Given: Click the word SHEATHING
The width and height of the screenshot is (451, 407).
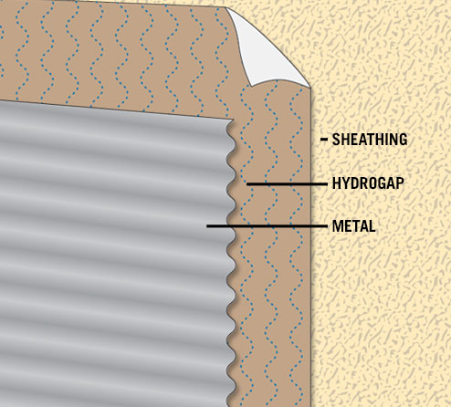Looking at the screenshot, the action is pyautogui.click(x=370, y=140).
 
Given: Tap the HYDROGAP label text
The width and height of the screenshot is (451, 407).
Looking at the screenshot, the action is pyautogui.click(x=368, y=183).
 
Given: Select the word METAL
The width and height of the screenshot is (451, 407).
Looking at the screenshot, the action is pyautogui.click(x=354, y=226).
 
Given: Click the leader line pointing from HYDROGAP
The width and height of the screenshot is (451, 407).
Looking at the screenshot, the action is pyautogui.click(x=287, y=184).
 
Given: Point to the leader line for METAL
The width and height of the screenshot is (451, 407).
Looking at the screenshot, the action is pyautogui.click(x=267, y=226).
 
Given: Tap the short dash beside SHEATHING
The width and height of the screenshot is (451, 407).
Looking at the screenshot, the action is pyautogui.click(x=324, y=140).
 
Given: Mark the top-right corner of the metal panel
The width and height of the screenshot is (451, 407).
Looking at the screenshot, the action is pyautogui.click(x=234, y=120).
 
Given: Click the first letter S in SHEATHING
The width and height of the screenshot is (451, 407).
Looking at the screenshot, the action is pyautogui.click(x=336, y=140).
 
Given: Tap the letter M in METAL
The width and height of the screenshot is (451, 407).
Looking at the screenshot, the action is pyautogui.click(x=338, y=226).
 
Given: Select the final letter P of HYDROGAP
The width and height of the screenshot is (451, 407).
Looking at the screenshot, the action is pyautogui.click(x=400, y=183).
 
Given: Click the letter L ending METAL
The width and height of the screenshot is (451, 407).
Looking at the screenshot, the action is pyautogui.click(x=372, y=226).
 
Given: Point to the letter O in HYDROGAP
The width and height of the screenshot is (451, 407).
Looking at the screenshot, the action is pyautogui.click(x=373, y=183).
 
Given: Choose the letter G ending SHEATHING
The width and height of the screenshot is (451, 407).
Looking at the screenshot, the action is pyautogui.click(x=404, y=140).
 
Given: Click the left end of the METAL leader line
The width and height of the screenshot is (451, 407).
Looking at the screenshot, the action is pyautogui.click(x=207, y=226).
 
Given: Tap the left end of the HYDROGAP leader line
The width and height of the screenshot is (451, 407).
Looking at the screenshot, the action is pyautogui.click(x=247, y=184).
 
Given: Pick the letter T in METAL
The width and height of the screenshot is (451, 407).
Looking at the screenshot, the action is pyautogui.click(x=356, y=226).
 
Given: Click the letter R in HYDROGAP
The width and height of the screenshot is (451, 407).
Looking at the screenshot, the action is pyautogui.click(x=364, y=183).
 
